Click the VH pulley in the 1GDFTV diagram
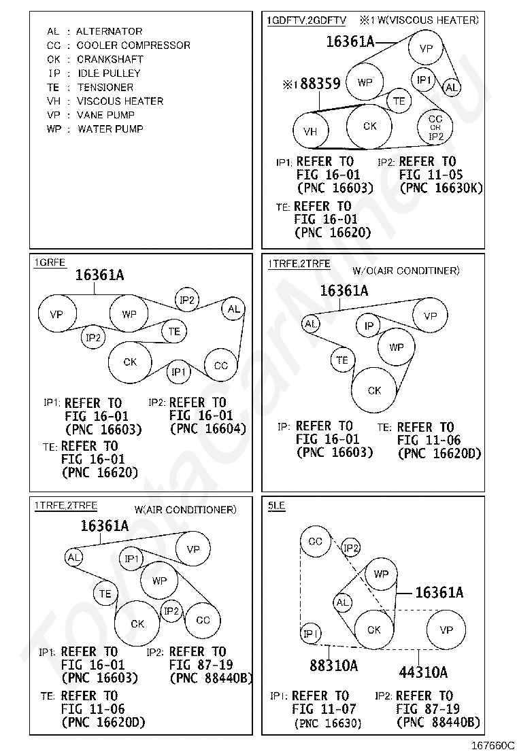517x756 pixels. point(310,132)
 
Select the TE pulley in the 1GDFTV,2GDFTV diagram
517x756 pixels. point(399,101)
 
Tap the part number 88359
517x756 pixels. point(320,84)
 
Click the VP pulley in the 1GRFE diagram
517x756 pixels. point(56,314)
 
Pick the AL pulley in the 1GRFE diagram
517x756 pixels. point(233,309)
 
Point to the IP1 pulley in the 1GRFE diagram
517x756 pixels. point(178,371)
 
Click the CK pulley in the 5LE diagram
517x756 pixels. point(374,630)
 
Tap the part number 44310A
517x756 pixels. point(423,672)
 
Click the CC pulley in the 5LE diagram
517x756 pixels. point(315,542)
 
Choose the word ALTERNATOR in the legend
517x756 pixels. point(109,31)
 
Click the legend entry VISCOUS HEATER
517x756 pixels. point(120,101)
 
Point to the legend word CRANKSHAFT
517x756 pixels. point(110,59)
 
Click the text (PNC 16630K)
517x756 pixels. point(441,188)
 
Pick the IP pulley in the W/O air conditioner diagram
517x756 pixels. point(369,326)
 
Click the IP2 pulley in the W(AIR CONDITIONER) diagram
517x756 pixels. point(171,611)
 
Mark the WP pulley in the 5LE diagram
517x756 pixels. point(381,574)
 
